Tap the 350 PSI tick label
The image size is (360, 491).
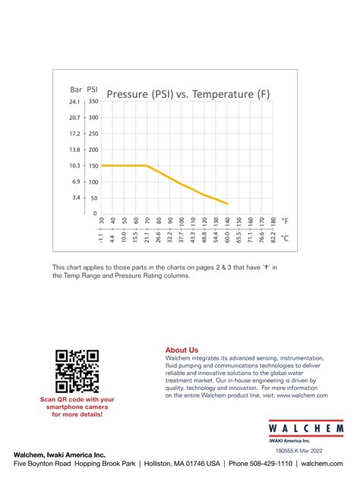(x=92, y=101)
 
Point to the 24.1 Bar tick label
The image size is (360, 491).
(x=74, y=101)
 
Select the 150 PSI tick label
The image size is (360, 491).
(x=92, y=165)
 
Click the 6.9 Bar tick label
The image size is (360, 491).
(x=76, y=181)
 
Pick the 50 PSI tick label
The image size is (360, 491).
(x=93, y=197)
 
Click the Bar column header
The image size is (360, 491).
(x=75, y=89)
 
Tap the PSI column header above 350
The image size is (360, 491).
(x=93, y=89)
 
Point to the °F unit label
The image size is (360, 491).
(x=286, y=221)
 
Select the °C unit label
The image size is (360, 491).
(x=286, y=238)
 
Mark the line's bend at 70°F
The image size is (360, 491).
(x=147, y=165)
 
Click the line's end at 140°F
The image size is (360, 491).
(x=227, y=203)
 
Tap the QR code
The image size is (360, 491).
(x=77, y=370)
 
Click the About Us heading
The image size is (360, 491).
(x=182, y=350)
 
